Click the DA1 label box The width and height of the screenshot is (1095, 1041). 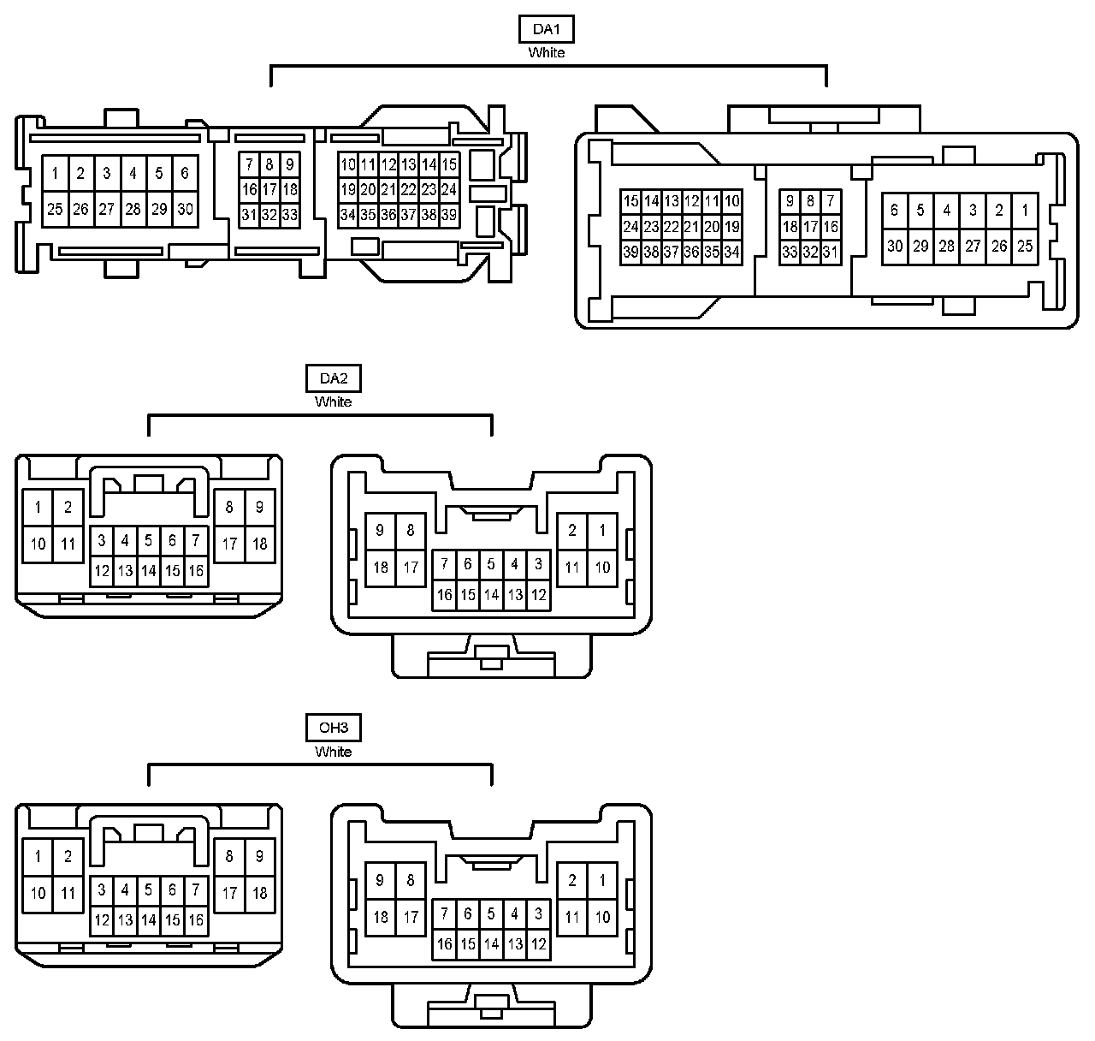click(546, 29)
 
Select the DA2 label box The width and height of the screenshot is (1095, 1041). click(333, 378)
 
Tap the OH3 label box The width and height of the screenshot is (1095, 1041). click(333, 729)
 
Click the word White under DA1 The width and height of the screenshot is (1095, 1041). click(546, 52)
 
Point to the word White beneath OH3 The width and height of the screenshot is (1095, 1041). click(333, 752)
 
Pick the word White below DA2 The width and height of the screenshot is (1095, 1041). click(333, 402)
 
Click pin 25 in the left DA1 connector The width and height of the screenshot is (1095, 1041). click(55, 209)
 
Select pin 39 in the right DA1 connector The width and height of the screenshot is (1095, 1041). click(630, 252)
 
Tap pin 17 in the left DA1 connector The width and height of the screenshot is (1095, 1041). click(269, 189)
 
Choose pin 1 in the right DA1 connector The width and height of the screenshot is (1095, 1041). click(1025, 210)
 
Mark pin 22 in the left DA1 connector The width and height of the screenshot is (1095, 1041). click(409, 189)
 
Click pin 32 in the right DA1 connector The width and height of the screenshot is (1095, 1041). click(810, 252)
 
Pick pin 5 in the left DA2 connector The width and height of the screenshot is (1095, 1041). click(149, 540)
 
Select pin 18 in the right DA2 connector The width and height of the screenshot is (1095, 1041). click(381, 567)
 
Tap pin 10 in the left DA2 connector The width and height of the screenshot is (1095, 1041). click(38, 544)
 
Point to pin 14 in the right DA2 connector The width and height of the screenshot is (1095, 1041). click(491, 594)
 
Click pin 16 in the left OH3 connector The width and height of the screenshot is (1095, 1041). click(196, 920)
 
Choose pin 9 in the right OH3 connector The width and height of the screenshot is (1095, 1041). click(381, 880)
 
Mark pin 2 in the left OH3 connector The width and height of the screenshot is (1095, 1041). click(68, 856)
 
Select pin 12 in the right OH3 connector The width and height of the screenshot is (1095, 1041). click(538, 944)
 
